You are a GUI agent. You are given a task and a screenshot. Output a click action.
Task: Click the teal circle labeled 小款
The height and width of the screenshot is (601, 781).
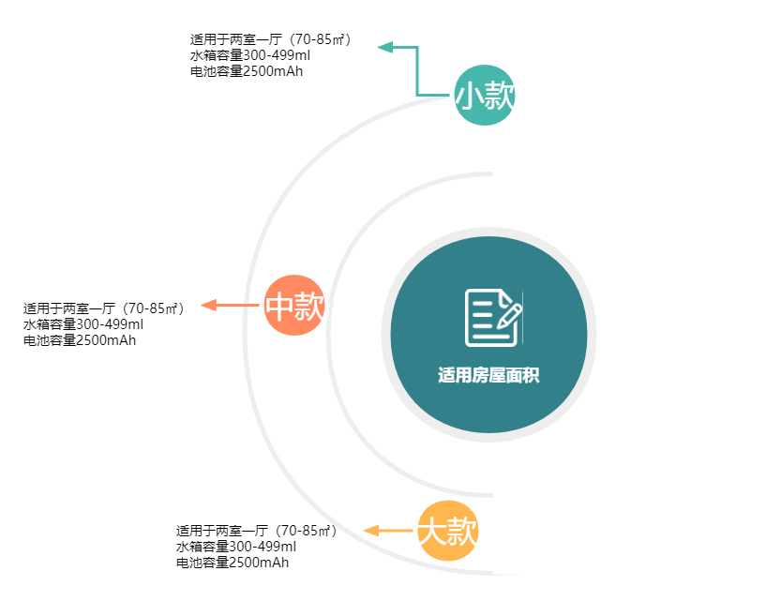click(x=485, y=96)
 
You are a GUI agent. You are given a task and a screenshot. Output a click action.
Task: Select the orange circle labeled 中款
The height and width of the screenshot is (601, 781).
click(x=294, y=306)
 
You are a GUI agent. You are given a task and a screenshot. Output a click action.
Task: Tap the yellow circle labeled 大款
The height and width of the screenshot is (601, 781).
click(x=447, y=532)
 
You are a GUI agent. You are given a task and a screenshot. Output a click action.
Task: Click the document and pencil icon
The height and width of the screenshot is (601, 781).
click(x=493, y=318)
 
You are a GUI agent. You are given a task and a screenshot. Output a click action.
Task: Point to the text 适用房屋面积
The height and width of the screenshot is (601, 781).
click(x=488, y=376)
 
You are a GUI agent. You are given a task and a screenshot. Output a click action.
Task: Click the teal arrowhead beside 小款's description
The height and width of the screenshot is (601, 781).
click(x=385, y=46)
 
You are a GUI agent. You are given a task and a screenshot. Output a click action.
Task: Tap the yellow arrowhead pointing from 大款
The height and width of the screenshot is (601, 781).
click(x=371, y=531)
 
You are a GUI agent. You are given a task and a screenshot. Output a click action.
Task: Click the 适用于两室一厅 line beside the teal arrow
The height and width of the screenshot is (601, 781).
click(x=271, y=39)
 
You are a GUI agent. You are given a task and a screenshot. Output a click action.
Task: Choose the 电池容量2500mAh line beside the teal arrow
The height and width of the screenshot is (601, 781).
click(x=247, y=70)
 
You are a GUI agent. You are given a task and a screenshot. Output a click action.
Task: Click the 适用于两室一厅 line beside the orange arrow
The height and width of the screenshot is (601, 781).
click(x=104, y=308)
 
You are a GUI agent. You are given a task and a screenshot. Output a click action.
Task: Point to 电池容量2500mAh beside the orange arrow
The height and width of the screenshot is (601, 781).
click(x=80, y=339)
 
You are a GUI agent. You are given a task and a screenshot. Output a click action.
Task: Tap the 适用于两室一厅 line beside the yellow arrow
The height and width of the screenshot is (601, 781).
click(x=256, y=531)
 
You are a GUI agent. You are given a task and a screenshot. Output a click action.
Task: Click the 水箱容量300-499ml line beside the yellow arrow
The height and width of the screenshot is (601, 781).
click(x=235, y=547)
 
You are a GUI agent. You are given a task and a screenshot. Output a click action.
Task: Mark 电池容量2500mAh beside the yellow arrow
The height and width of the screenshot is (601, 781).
click(x=232, y=563)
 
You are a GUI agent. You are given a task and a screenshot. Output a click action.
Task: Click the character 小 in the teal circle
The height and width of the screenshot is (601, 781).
click(x=470, y=96)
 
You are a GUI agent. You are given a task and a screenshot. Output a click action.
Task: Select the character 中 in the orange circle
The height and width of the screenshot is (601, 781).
click(x=280, y=307)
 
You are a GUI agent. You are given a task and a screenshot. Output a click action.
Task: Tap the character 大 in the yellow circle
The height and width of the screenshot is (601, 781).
click(x=431, y=533)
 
